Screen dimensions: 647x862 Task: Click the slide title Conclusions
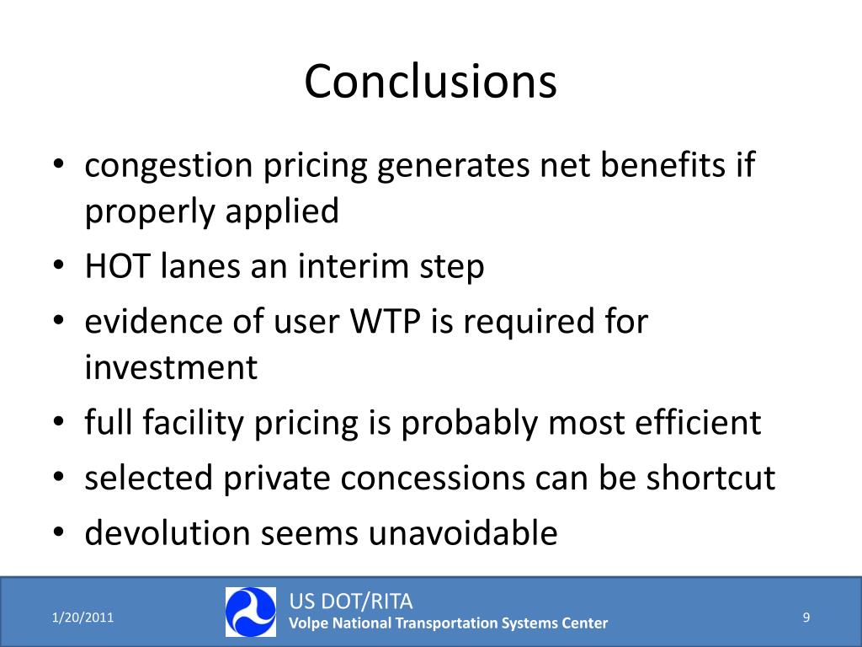pyautogui.click(x=430, y=83)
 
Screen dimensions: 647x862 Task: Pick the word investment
pyautogui.click(x=171, y=368)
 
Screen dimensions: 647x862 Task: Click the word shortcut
pyautogui.click(x=710, y=479)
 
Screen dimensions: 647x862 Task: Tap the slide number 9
pyautogui.click(x=806, y=618)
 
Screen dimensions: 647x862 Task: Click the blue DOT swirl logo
pyautogui.click(x=250, y=612)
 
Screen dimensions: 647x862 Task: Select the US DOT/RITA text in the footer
pyautogui.click(x=351, y=602)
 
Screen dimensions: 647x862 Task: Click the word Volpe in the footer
pyautogui.click(x=309, y=623)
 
